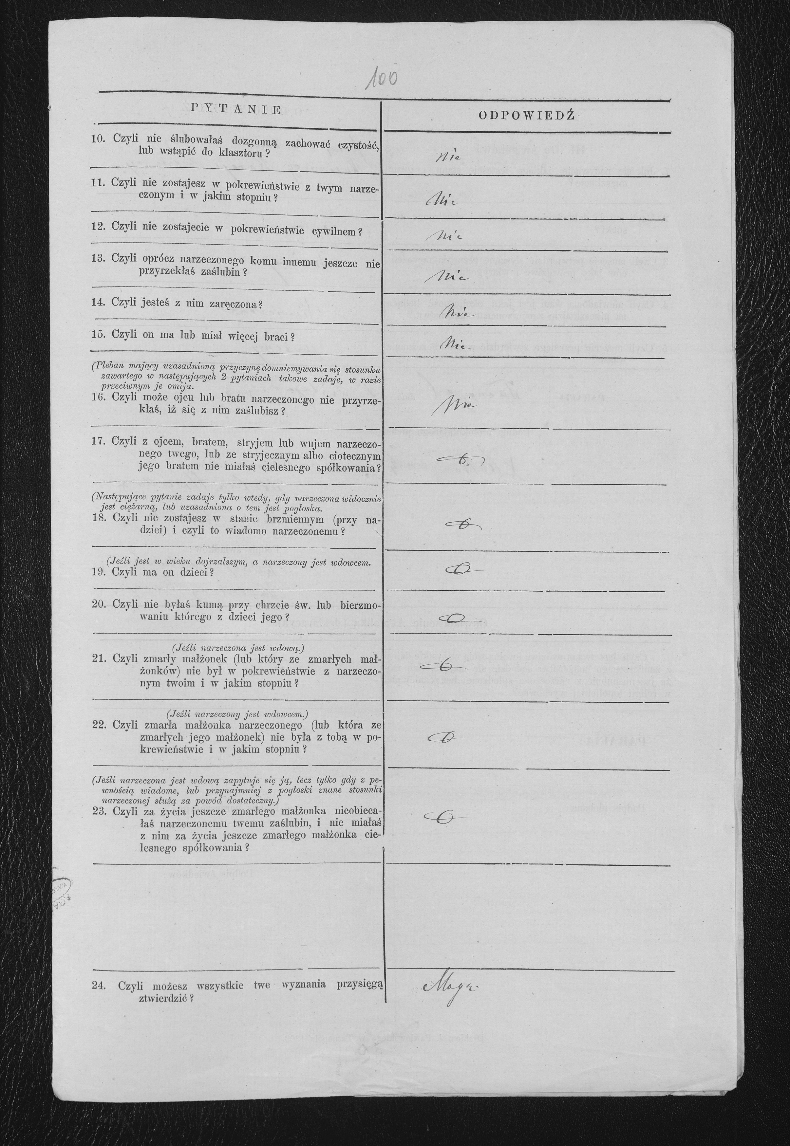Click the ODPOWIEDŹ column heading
527,116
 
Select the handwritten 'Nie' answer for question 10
448,157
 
